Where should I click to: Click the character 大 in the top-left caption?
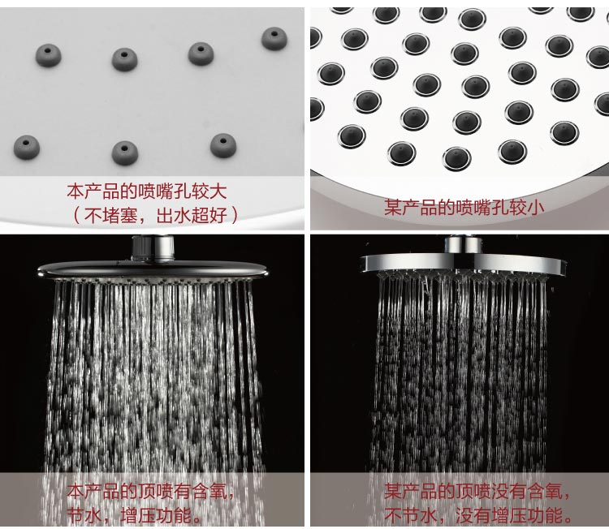point(218,191)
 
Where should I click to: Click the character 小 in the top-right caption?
point(535,207)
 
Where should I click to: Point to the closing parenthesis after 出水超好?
point(234,215)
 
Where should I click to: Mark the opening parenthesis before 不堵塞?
point(77,215)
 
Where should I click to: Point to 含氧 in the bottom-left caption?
point(210,492)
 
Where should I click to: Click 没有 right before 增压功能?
point(473,516)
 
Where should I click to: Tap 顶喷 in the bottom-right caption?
point(473,492)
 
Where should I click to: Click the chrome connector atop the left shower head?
point(153,247)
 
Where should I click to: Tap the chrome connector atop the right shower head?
point(463,245)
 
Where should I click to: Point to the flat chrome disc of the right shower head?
point(463,263)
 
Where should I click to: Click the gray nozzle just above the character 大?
point(223,145)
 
